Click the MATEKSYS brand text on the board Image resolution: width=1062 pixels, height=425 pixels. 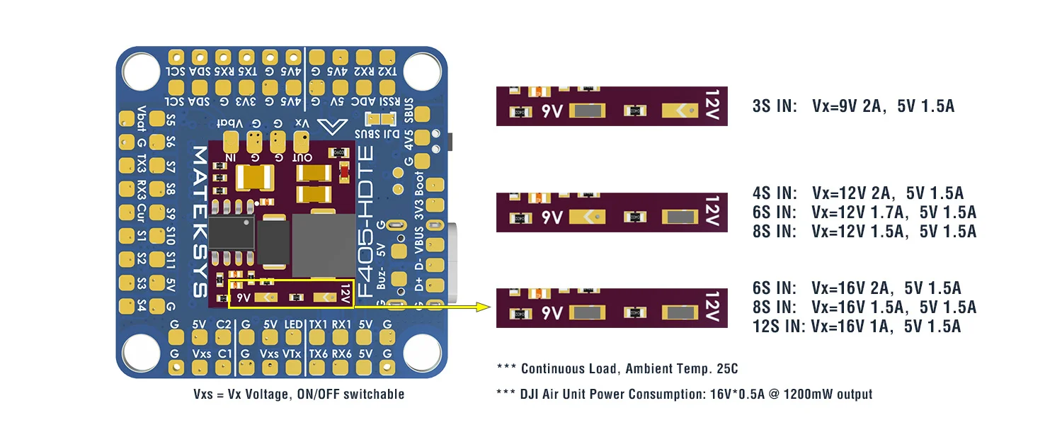pos(200,222)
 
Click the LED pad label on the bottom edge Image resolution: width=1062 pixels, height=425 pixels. pos(292,324)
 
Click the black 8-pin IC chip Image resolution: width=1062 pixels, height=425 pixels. pos(232,232)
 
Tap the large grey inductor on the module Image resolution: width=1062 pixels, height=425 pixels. pos(322,245)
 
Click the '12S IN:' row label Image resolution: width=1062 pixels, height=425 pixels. pos(779,326)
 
